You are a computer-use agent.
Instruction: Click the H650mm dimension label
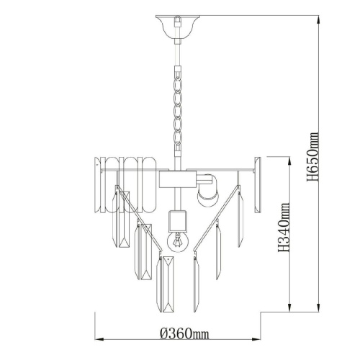tap(313, 157)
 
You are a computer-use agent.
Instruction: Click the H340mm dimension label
tap(284, 228)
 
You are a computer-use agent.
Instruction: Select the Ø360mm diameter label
tap(184, 333)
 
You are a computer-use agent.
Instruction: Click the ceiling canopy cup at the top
tap(178, 27)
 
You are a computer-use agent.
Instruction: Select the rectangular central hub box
tap(178, 179)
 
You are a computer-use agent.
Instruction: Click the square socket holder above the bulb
tap(178, 220)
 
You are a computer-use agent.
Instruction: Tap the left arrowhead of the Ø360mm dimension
tap(99, 339)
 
